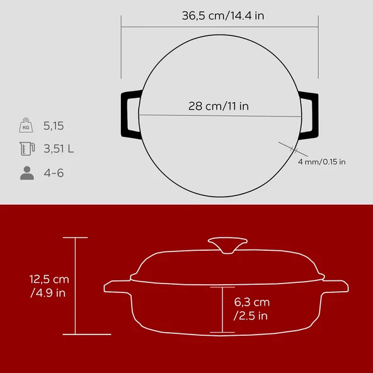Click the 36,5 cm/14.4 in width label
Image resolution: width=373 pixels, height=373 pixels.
[223, 16]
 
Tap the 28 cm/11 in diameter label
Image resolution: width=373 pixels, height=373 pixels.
[219, 106]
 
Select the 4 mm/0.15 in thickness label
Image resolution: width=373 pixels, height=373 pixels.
[321, 162]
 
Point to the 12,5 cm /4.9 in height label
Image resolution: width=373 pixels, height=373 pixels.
[49, 286]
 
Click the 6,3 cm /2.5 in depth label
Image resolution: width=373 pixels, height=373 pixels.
[251, 309]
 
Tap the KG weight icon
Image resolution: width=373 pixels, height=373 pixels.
[26, 125]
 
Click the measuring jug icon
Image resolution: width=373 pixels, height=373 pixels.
[27, 149]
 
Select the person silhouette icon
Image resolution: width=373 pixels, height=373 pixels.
[27, 173]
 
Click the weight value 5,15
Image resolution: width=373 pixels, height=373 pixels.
[54, 126]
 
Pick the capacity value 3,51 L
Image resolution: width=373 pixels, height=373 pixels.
[59, 149]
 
